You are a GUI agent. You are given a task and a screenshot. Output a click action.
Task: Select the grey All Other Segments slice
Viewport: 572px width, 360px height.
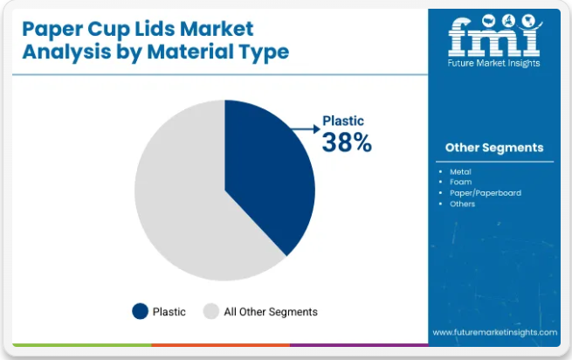[x=179, y=201]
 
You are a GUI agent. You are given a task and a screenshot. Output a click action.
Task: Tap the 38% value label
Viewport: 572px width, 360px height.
[x=347, y=142]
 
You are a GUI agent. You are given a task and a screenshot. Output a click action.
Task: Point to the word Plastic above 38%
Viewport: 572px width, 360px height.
[x=343, y=121]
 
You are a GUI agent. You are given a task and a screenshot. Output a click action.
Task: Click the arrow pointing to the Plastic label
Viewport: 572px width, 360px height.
[x=304, y=129]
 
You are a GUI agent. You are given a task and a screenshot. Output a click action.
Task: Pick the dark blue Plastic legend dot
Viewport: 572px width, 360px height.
[x=140, y=311]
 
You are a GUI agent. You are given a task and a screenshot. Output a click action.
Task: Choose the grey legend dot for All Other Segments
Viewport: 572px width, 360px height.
[x=210, y=311]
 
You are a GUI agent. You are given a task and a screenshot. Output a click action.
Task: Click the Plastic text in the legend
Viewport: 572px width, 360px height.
[x=169, y=312]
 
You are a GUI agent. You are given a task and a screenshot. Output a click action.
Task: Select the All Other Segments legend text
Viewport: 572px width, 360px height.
[x=270, y=312]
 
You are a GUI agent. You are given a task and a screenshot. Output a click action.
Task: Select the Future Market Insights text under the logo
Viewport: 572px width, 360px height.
[x=494, y=63]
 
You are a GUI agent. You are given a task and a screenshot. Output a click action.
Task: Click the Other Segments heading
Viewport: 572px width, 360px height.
[x=493, y=148]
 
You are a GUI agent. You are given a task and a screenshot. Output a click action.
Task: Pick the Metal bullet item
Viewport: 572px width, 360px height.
[x=460, y=172]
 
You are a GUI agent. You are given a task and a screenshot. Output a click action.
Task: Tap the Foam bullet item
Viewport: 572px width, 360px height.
[x=460, y=183]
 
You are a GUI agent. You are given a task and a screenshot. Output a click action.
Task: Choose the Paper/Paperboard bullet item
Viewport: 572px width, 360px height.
[x=485, y=193]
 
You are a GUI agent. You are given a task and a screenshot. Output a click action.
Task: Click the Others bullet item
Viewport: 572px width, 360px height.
[x=462, y=204]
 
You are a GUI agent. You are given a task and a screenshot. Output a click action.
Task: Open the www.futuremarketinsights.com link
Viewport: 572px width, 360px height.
[x=494, y=332]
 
